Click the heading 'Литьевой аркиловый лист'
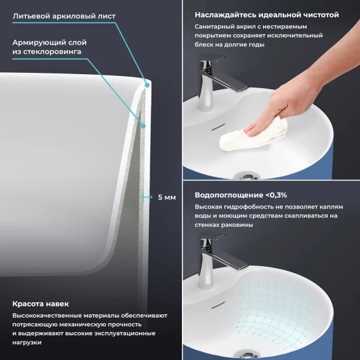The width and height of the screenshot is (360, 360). (x=64, y=16)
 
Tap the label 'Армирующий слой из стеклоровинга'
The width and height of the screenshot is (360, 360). (x=49, y=47)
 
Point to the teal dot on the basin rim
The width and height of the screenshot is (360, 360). (x=147, y=85)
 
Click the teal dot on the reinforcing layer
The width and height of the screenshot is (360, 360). (x=143, y=126)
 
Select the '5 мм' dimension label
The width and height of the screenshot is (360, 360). (x=167, y=197)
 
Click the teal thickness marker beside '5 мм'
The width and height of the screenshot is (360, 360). (x=146, y=197)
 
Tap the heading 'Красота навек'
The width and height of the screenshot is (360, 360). (x=41, y=304)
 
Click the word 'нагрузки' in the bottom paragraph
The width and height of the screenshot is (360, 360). (x=27, y=342)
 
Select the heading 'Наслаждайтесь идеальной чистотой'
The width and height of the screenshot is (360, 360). (x=267, y=15)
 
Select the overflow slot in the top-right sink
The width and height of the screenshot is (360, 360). (x=218, y=127)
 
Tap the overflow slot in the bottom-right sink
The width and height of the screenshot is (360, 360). (x=218, y=305)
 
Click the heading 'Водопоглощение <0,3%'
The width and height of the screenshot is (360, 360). (x=241, y=195)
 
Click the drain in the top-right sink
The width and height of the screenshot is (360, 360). (x=247, y=177)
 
